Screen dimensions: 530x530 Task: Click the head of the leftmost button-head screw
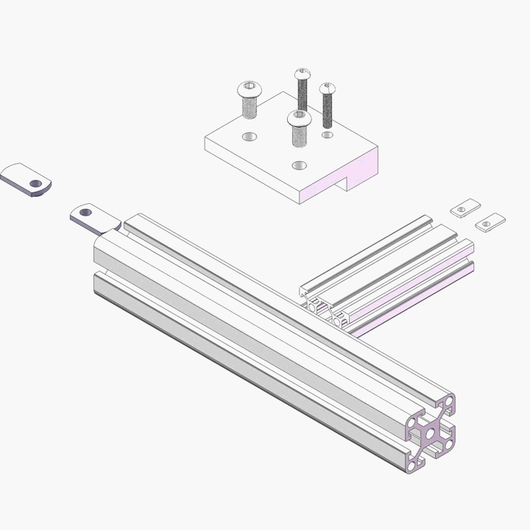point(250,91)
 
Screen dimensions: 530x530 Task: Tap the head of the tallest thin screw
point(303,74)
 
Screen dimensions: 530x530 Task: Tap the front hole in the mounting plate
point(298,165)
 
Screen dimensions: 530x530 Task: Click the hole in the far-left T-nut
point(33,183)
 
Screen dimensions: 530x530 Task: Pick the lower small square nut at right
point(490,222)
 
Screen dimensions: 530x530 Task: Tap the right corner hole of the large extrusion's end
point(448,445)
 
